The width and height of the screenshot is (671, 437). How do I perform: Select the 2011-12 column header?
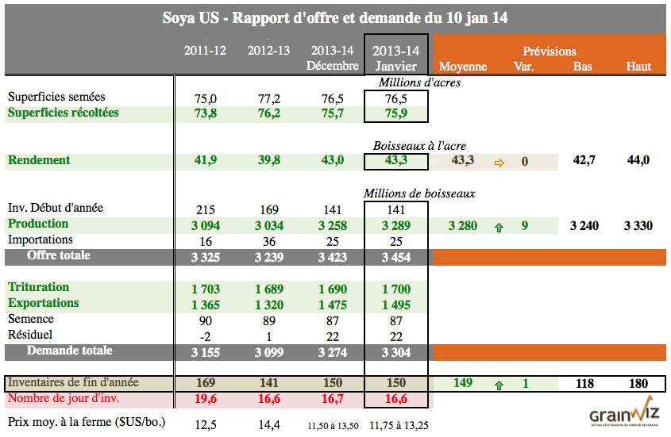pos(205,51)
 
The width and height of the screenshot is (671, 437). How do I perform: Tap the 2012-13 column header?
pos(268,51)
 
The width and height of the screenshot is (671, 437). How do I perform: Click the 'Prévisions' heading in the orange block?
pos(550,51)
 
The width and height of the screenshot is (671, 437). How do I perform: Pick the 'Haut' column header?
pos(638,66)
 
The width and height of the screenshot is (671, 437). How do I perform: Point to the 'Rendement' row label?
pos(40,160)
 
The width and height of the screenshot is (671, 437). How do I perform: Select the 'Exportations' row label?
pos(44,303)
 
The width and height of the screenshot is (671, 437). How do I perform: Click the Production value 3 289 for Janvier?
pos(395,226)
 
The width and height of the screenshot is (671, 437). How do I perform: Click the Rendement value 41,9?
pos(206,161)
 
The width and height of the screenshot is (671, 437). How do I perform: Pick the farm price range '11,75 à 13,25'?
pos(395,425)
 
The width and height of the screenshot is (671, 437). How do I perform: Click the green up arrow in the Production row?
pos(499,227)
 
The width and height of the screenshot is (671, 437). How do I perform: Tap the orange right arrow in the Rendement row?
pos(499,162)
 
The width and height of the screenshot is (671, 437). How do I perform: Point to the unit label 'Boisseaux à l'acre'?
pos(419,146)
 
